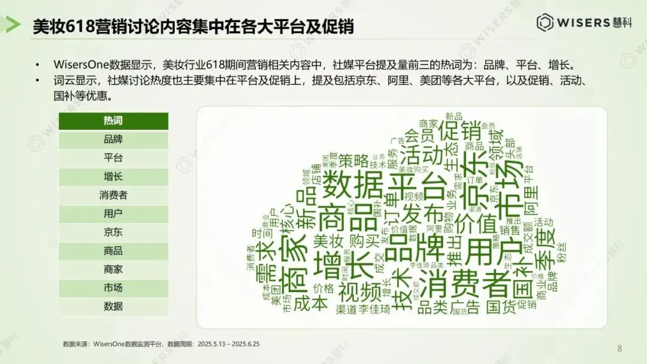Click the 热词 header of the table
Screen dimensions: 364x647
113,121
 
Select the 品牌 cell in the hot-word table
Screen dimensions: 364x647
113,139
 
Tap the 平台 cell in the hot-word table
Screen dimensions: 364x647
113,158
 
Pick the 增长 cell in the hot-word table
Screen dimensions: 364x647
113,177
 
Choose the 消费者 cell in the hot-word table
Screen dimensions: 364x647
113,195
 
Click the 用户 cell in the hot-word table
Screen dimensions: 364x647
113,214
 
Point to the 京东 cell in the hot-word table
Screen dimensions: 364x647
113,232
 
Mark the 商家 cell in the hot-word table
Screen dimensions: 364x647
113,269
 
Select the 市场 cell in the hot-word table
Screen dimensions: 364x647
113,288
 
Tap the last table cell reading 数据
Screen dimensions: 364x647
113,307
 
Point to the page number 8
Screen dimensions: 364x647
619,348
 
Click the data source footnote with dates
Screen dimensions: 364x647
161,344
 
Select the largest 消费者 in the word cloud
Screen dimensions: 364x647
461,281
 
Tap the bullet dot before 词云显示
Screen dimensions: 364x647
38,80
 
